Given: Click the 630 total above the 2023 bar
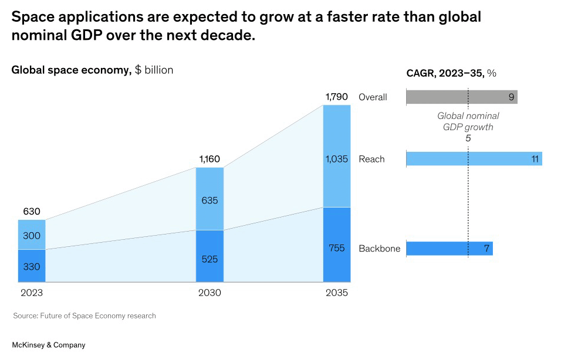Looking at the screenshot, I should point(32,212).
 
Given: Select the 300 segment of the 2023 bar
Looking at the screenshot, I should point(32,235).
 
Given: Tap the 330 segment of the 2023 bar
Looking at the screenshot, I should point(32,266).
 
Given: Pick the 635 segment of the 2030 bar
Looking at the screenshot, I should point(209,199).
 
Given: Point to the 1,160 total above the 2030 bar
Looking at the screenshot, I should point(209,159).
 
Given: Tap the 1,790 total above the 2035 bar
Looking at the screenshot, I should point(337,96).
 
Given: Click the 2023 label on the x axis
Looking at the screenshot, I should point(32,293).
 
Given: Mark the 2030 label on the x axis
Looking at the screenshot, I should point(209,293).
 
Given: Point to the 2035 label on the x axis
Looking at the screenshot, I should point(337,293).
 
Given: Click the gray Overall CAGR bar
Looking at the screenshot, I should point(461,97).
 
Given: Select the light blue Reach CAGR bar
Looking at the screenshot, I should point(474,159).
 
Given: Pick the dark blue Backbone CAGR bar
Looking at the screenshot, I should point(449,249).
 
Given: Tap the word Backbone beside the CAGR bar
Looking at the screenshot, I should point(379,249).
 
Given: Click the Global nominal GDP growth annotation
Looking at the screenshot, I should point(468,121).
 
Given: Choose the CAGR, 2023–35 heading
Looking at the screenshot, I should point(451,73).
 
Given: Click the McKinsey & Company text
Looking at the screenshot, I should point(49,345).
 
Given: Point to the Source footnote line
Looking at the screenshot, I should point(85,315).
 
